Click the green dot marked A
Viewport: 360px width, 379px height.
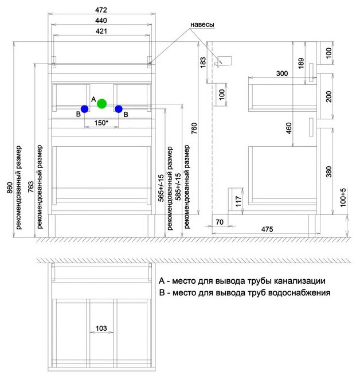point(101,104)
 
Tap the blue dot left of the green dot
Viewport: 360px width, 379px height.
point(84,108)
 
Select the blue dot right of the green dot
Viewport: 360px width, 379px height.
point(119,108)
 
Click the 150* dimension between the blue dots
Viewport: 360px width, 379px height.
point(101,123)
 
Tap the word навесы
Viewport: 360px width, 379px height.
point(202,25)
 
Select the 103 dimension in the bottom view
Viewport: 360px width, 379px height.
point(101,329)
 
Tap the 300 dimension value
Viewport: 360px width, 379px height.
point(282,73)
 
